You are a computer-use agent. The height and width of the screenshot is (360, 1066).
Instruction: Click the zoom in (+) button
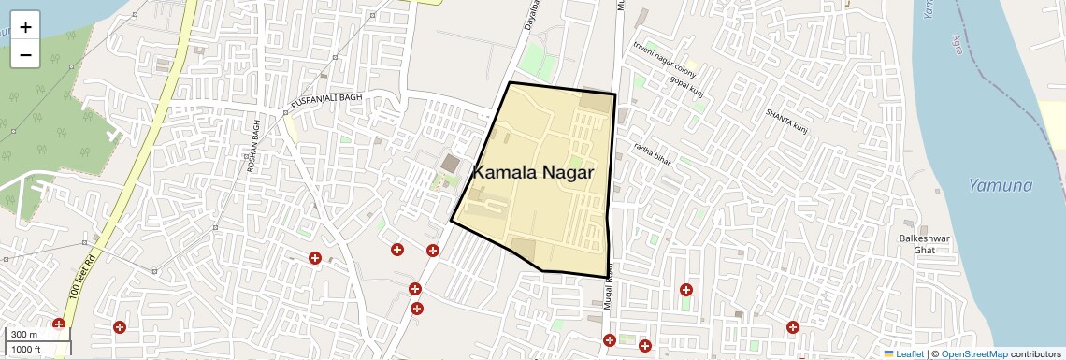coord(25,27)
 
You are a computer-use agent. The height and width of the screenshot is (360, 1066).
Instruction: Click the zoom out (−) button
coord(25,55)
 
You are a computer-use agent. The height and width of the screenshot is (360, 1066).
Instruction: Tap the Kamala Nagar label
coord(534,172)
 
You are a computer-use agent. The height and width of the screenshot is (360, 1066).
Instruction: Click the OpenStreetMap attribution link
coord(973,353)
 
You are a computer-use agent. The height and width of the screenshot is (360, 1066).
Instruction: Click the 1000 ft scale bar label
coord(27,349)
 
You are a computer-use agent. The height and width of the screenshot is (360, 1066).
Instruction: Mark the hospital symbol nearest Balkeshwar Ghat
coord(793,327)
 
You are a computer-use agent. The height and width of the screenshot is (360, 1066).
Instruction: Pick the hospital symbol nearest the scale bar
coord(59,324)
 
